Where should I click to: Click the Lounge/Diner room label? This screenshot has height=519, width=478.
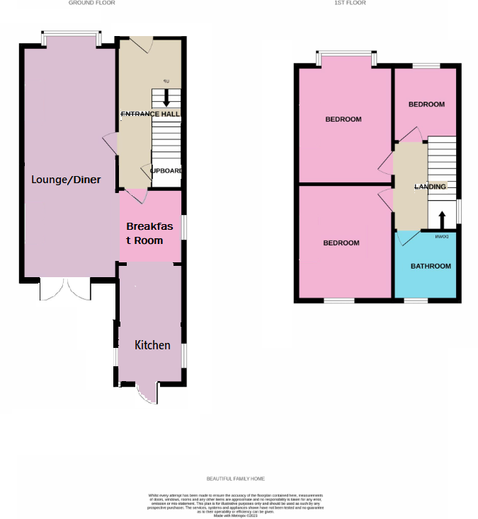(66, 180)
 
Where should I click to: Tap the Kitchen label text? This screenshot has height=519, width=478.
(153, 345)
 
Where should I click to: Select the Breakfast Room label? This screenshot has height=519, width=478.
(149, 233)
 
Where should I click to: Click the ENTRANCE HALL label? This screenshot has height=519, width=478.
(151, 114)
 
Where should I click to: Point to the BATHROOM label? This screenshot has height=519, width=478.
(431, 266)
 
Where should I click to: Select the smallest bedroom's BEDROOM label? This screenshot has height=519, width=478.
(426, 105)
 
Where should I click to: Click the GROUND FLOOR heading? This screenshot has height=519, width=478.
(91, 3)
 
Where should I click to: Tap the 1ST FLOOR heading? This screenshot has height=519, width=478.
(350, 3)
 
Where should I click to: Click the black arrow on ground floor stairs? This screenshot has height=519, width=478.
(166, 98)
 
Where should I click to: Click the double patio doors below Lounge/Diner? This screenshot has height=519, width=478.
(66, 288)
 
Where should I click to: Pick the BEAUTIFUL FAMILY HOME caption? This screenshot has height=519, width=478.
(236, 479)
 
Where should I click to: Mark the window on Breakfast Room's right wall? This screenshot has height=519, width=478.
(183, 227)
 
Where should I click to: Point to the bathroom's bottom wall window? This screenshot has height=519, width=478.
(416, 301)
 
